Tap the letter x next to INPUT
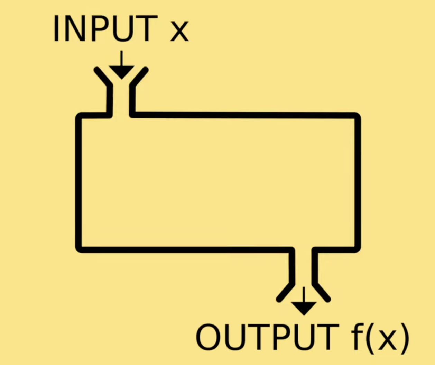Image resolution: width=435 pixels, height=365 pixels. pos(179,33)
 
